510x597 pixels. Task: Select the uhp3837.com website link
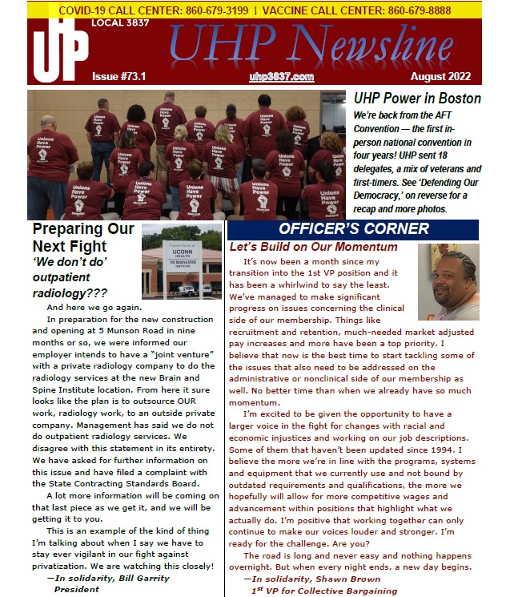point(281,76)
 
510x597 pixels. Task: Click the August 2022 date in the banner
point(444,76)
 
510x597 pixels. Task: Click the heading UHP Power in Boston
point(417,99)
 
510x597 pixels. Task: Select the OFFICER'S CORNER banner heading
point(353,229)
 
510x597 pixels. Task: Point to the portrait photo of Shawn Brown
point(448,282)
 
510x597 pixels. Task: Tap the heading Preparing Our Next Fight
point(83,238)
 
